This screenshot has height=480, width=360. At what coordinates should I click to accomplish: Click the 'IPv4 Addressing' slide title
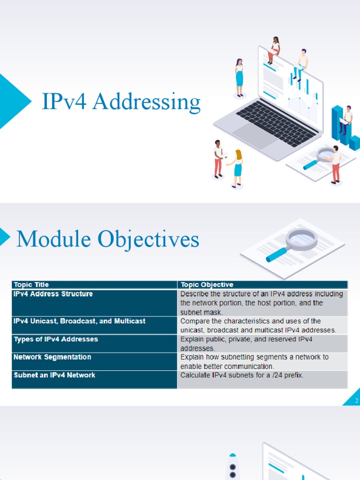[121, 102]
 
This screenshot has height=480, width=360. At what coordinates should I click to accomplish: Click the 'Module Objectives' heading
[108, 240]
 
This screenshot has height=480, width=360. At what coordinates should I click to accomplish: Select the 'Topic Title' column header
[31, 285]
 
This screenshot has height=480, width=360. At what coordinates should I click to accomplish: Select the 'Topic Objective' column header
[207, 285]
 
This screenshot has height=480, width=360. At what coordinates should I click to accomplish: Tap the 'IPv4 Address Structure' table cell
[53, 294]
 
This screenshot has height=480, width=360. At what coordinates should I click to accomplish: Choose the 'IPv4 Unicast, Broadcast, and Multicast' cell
[79, 321]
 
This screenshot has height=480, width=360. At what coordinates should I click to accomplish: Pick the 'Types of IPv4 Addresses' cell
[56, 339]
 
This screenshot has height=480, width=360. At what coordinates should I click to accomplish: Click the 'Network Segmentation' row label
[52, 357]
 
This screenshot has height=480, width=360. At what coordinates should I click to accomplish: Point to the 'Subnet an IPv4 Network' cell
[54, 375]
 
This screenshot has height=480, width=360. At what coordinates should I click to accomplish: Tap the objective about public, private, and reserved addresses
[246, 344]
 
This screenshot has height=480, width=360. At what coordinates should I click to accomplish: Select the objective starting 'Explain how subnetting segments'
[254, 361]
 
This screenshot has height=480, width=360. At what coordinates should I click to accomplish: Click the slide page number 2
[356, 401]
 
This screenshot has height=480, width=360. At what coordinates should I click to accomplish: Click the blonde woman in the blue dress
[237, 168]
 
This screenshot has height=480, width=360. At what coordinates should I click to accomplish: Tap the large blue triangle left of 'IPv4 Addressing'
[12, 101]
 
